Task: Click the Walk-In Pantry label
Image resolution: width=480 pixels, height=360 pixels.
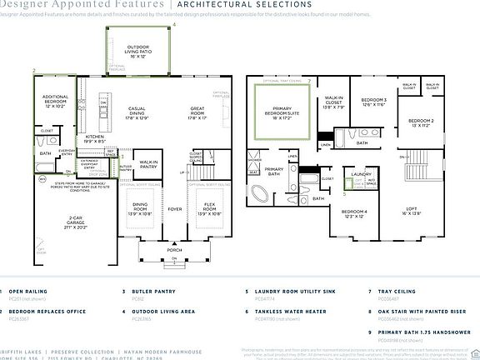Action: pyautogui.click(x=148, y=165)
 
